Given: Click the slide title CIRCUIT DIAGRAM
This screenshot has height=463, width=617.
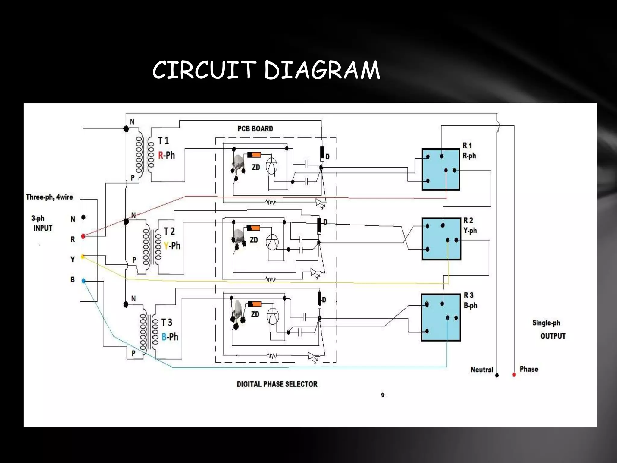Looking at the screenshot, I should pos(266,70).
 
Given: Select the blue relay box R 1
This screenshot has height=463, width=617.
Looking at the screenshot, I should pos(440,169).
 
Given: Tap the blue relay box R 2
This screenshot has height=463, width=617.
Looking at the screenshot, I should pos(441,239).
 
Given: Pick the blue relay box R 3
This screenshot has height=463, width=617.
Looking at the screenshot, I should pos(440,317).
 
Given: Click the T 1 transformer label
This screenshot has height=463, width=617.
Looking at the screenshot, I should pos(164,141).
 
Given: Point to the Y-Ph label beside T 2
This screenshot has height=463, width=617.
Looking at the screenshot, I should pos(172,246).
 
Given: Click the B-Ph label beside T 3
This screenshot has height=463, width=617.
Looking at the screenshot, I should pos(170,337).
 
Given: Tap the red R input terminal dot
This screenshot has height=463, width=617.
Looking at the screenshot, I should pos(83,236).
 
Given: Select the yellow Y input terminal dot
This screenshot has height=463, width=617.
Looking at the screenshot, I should pos(83,257).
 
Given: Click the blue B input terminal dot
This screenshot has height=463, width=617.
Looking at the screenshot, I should pos(83,281).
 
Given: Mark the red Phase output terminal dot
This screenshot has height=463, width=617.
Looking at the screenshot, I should pos(514,375).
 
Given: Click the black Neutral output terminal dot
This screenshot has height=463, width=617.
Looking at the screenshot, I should pos(497,375).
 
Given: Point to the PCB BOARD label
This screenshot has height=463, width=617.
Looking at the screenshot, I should pos(255,129).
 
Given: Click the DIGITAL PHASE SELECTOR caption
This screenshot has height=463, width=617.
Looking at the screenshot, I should pos(277,384).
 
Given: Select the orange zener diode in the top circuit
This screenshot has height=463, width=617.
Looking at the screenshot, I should pos(254,155).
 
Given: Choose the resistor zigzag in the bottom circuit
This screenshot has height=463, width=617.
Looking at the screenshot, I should pos(272,356).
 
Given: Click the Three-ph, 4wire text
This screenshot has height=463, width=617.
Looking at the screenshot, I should pos(49,197).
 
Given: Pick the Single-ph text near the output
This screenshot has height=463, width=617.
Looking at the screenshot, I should pos(546,323).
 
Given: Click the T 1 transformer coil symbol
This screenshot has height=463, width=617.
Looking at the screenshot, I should pos(145,154).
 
